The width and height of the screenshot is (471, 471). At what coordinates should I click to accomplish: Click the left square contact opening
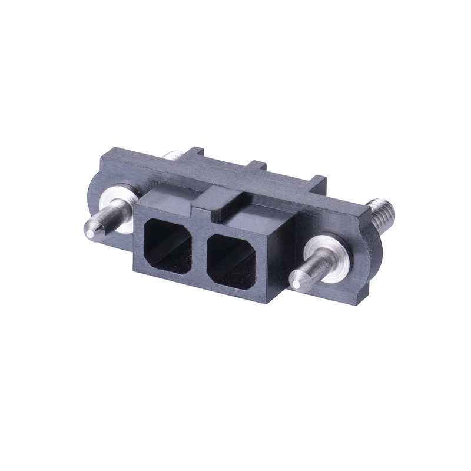tap(170, 244)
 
